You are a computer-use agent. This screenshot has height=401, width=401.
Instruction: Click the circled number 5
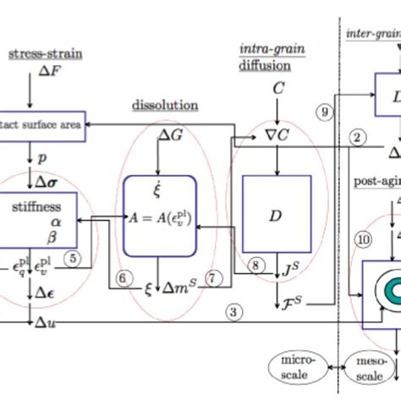74,260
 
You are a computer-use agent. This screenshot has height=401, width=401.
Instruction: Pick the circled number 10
363,239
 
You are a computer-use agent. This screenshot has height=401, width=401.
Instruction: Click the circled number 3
234,311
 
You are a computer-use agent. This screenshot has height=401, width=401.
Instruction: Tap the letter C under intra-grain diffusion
277,87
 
